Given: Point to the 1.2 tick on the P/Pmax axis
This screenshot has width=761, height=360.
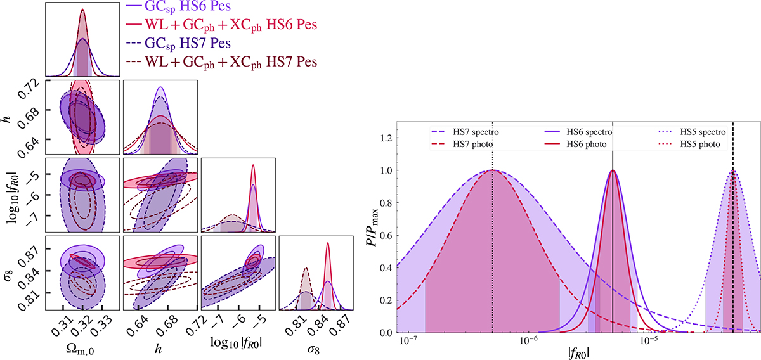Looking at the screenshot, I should [384, 138].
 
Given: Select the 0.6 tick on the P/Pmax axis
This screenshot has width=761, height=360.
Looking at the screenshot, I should [384, 236].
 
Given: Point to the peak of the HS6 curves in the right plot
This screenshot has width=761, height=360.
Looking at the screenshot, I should [613, 170].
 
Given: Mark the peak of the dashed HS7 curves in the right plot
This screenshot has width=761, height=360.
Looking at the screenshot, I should [493, 170].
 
